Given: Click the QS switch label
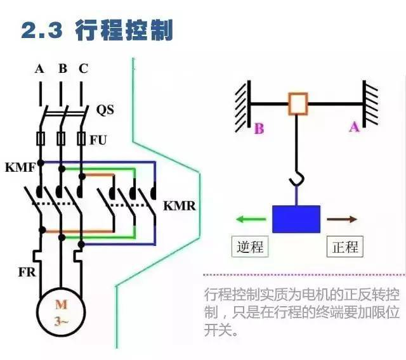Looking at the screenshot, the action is click(105, 110).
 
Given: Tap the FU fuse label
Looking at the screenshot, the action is click(98, 140).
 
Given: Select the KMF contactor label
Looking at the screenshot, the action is click(20, 167).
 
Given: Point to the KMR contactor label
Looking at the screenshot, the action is click(180, 206).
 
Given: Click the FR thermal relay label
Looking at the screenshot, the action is click(27, 272).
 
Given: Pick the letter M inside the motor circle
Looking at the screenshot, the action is click(62, 304).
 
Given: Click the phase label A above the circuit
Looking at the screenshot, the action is click(39, 69).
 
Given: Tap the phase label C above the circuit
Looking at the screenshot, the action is click(83, 68).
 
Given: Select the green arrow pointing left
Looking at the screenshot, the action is click(251, 219).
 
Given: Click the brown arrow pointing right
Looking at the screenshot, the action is click(342, 219).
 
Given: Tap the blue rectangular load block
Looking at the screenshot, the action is click(296, 219).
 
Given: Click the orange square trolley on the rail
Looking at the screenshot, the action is click(298, 104).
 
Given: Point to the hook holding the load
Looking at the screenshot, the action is click(298, 179).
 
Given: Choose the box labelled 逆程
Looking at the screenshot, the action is click(250, 247).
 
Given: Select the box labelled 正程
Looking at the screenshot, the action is click(345, 247).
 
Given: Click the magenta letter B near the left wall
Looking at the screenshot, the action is click(259, 129).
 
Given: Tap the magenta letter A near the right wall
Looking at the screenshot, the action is click(355, 127).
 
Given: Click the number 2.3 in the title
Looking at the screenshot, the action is click(42, 30).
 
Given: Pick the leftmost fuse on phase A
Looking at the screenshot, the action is click(41, 139).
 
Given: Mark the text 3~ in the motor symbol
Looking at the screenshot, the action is click(62, 321).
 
